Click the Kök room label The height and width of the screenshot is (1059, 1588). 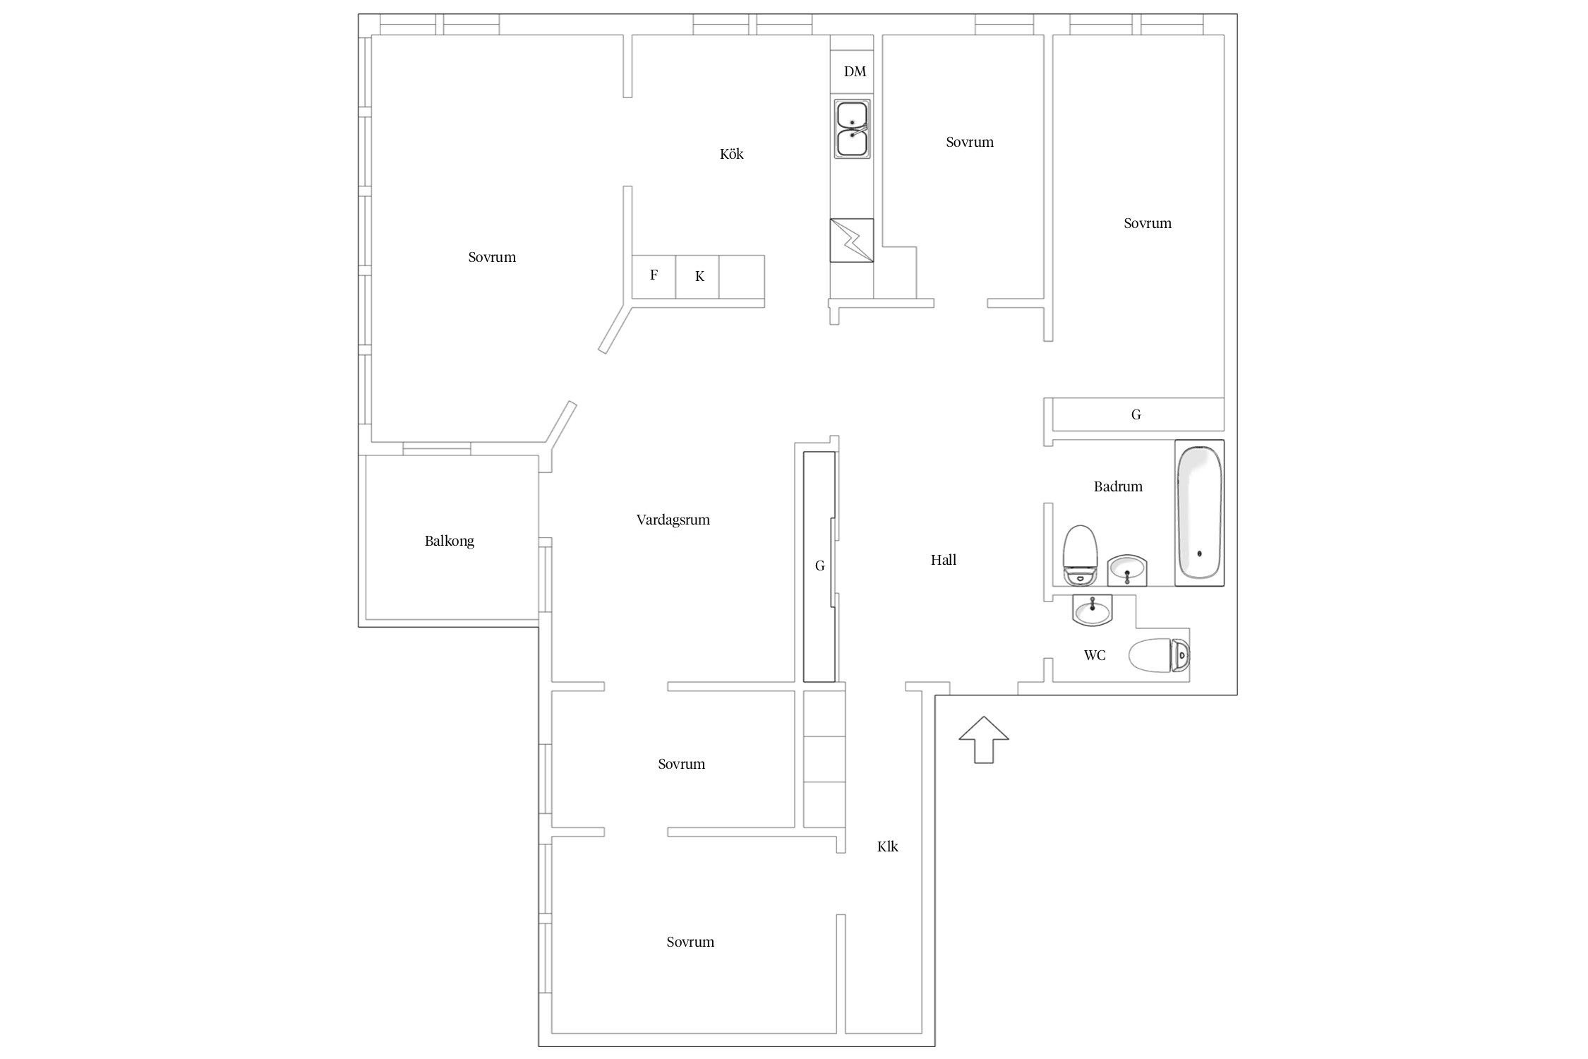click(x=731, y=154)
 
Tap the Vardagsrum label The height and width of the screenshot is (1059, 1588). click(x=673, y=520)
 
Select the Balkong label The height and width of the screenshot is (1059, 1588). click(x=449, y=542)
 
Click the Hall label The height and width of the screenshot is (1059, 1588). click(x=943, y=560)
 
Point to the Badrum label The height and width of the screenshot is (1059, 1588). click(x=1117, y=486)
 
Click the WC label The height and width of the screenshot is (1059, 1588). click(x=1094, y=655)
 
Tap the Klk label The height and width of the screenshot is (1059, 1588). click(x=887, y=846)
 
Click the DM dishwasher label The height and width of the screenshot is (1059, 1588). click(x=854, y=71)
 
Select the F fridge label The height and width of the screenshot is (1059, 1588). click(x=654, y=275)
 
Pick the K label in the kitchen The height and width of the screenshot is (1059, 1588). click(x=699, y=276)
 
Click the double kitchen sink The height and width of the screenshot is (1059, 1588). click(x=852, y=128)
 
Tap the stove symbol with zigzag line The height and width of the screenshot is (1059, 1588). click(x=851, y=240)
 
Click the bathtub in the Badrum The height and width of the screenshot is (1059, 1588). click(x=1199, y=513)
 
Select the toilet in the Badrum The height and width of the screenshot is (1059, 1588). click(x=1080, y=556)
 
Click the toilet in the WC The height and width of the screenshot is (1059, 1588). click(x=1159, y=655)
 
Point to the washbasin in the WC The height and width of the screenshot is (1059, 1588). click(x=1092, y=610)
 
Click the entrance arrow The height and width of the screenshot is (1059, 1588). click(x=983, y=739)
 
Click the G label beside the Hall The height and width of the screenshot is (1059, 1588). click(x=819, y=566)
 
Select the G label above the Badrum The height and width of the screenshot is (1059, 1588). click(x=1136, y=414)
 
